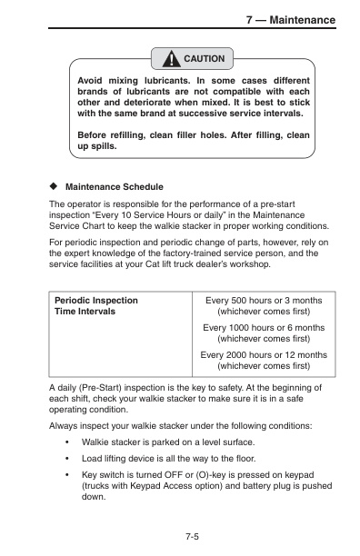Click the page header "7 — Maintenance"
coord(290,20)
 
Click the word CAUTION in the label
coord(204,59)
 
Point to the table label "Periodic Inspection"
coord(96,299)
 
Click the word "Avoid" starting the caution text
coord(93,80)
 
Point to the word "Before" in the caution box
coord(95,134)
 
